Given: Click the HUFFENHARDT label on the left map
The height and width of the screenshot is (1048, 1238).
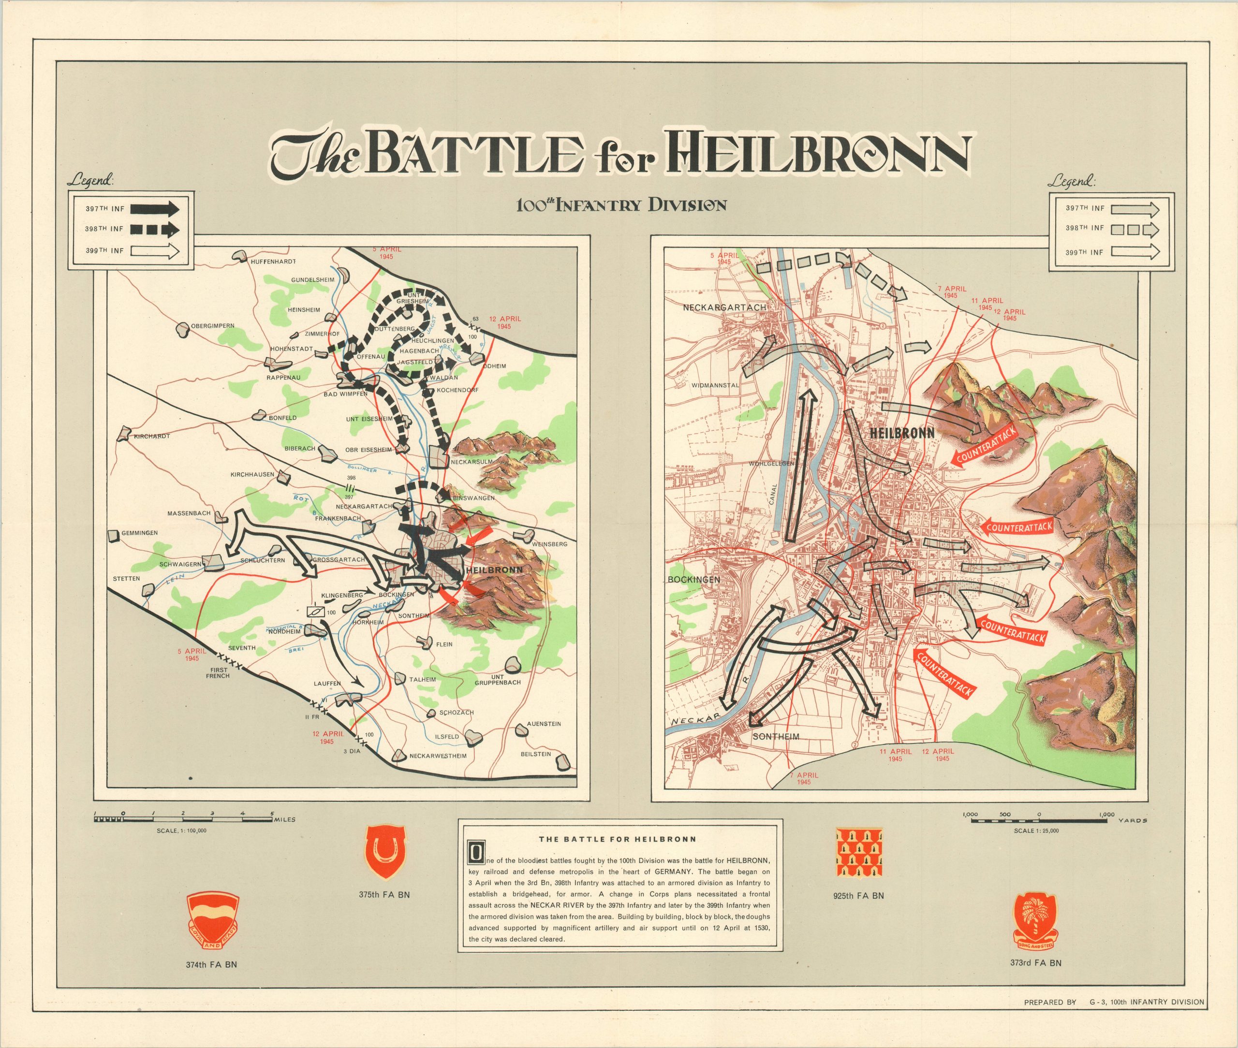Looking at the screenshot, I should [x=273, y=262].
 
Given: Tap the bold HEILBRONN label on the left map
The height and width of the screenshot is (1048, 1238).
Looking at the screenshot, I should [x=495, y=570].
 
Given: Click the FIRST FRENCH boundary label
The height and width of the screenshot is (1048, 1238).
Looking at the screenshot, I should [x=218, y=672].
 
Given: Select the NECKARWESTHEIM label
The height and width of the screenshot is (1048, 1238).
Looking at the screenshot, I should [x=438, y=757].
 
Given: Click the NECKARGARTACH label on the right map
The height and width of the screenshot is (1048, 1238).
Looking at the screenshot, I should [x=724, y=308].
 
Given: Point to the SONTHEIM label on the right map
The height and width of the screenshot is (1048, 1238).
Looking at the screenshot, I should [x=776, y=737].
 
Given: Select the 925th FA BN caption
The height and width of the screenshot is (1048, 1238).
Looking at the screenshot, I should [x=858, y=895].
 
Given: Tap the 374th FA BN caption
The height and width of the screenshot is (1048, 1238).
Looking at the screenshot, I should [x=211, y=964].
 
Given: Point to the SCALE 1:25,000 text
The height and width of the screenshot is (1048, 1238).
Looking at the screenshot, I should [x=1036, y=830].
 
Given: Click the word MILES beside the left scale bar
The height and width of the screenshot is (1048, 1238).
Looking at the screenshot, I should [x=284, y=820].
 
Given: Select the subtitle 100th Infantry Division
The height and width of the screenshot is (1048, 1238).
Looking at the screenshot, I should [x=620, y=205].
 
